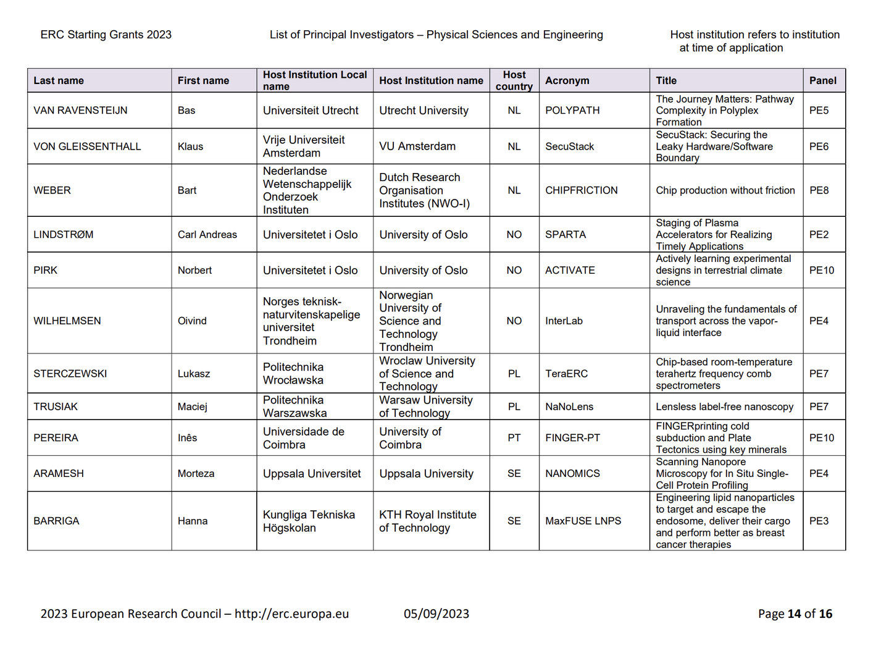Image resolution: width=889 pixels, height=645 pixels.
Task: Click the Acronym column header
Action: coord(567,80)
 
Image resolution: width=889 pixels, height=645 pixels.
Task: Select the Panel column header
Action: coord(822,80)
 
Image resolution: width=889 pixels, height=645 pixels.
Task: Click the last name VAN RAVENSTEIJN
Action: coord(80,111)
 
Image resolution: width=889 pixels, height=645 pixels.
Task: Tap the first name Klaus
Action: coord(190,146)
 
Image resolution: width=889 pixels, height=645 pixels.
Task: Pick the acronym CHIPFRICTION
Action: coord(581,190)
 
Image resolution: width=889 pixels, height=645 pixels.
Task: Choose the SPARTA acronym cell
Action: coord(566,235)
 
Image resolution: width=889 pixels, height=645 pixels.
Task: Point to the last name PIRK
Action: coord(45,271)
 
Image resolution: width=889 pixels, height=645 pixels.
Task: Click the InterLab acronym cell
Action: coord(564,321)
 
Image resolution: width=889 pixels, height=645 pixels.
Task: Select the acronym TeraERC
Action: coord(566,374)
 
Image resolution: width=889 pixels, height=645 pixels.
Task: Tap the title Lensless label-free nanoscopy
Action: coord(724,407)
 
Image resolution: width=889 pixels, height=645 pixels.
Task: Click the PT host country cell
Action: coord(514,438)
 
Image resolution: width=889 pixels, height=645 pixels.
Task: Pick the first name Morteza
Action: coord(196,474)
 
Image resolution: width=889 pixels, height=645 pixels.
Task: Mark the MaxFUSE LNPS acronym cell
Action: coord(583,521)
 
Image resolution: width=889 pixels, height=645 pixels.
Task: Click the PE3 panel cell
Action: coord(819,521)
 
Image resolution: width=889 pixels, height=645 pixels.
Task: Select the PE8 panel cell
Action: coord(819,190)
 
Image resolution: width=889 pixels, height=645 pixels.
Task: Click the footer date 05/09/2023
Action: coord(436,614)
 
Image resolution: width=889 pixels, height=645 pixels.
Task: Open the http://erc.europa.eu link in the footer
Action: coord(291,614)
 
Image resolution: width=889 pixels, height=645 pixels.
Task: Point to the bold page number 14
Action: coord(795,614)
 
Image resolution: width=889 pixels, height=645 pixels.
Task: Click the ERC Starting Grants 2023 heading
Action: coord(106,35)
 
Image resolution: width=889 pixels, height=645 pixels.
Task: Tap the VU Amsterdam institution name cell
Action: coord(417,146)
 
